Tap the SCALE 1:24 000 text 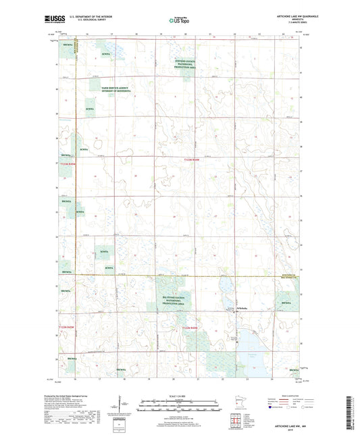click(x=180, y=395)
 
